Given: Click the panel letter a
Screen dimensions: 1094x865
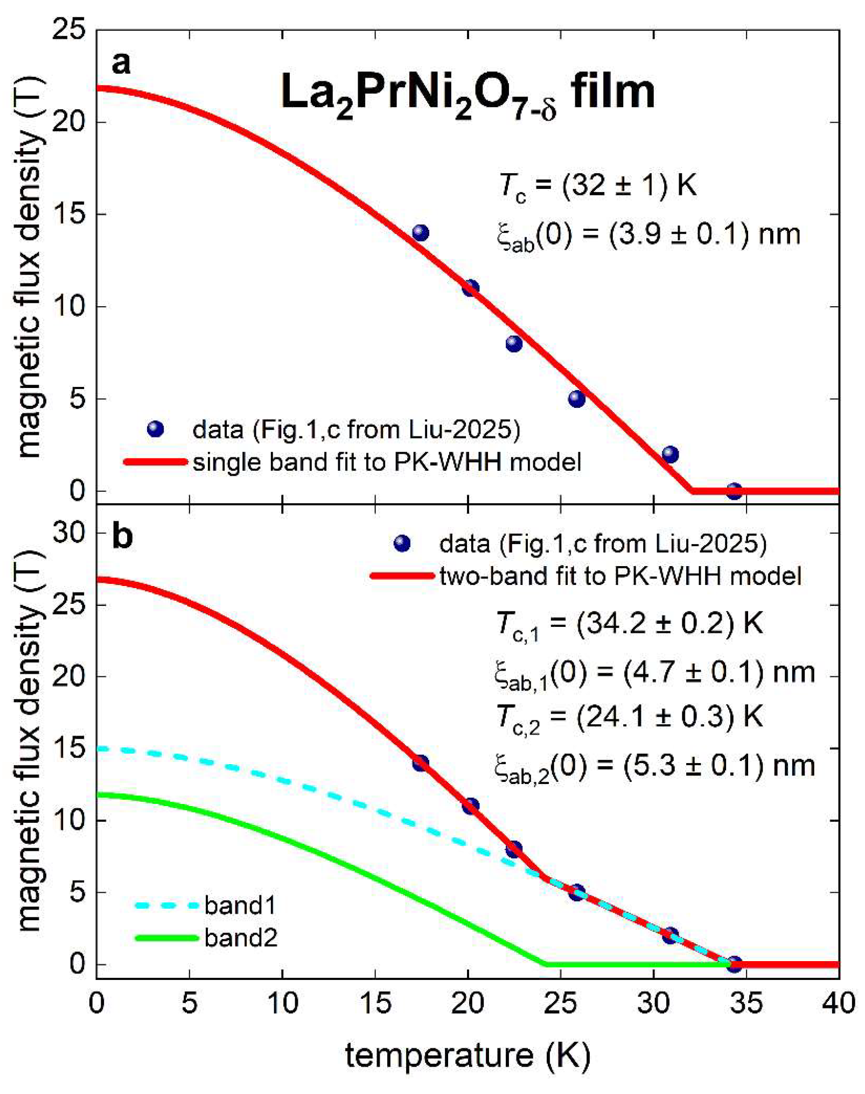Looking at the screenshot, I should pyautogui.click(x=121, y=63).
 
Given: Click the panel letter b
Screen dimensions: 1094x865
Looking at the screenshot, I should pyautogui.click(x=122, y=537).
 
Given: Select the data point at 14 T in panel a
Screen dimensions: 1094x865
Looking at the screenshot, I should pyautogui.click(x=420, y=233).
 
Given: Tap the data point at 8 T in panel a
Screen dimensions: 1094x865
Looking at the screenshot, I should pyautogui.click(x=514, y=343).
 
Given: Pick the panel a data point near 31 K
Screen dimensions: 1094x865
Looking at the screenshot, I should pyautogui.click(x=670, y=454).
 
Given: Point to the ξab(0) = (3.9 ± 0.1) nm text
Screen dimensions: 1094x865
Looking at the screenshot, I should pyautogui.click(x=648, y=236).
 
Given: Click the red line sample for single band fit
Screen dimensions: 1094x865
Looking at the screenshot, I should pyautogui.click(x=155, y=462).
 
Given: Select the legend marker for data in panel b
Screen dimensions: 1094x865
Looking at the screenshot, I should pyautogui.click(x=402, y=544).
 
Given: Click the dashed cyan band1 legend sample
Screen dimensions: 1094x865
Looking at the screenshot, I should pyautogui.click(x=166, y=906).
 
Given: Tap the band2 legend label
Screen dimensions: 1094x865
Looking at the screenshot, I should pyautogui.click(x=241, y=938).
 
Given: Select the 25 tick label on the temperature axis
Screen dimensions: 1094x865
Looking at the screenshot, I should pyautogui.click(x=561, y=1004).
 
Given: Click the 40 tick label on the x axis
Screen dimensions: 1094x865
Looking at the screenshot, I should pyautogui.click(x=838, y=1004).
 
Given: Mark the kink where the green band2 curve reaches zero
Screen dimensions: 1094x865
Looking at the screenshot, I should pyautogui.click(x=547, y=965).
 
